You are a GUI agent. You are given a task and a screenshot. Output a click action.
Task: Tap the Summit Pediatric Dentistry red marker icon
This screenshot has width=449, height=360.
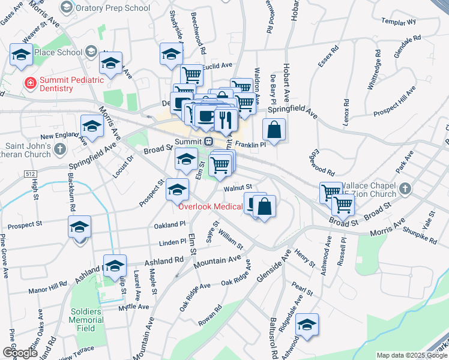click(28, 83)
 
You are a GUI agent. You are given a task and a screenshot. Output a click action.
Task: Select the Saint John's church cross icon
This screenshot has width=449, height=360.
click(59, 148)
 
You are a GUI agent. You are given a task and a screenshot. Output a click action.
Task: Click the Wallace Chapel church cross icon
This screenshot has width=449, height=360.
click(406, 188)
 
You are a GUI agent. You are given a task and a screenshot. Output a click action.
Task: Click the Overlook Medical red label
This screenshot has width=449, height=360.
click(210, 207)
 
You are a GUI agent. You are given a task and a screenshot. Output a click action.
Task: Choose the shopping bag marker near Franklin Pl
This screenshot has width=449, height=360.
click(274, 130)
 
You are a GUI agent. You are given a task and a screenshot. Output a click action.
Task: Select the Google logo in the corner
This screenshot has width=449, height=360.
click(20, 353)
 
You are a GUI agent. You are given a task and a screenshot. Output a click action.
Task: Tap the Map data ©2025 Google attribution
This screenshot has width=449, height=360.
click(412, 355)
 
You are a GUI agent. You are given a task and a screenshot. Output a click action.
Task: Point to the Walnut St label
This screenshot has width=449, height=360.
click(237, 188)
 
